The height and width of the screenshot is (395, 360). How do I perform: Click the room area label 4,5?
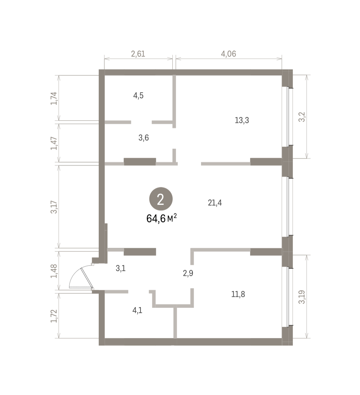click(x=138, y=96)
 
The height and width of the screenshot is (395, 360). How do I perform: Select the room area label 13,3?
click(x=242, y=120)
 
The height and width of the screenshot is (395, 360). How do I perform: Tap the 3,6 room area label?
click(x=143, y=138)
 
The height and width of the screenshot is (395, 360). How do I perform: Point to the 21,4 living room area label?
click(x=215, y=203)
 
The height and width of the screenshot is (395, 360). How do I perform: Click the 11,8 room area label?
click(x=238, y=294)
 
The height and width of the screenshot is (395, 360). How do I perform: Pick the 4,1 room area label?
click(x=137, y=310)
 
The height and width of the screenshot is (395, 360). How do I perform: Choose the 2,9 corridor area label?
click(x=188, y=273)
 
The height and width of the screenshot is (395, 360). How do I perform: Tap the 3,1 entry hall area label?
click(x=120, y=268)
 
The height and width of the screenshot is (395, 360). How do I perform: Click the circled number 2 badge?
click(x=161, y=199)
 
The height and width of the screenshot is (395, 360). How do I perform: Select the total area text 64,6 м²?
click(x=162, y=218)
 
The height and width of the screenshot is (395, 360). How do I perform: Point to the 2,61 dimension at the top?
click(x=138, y=54)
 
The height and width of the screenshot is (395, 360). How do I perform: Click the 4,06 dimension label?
click(x=228, y=54)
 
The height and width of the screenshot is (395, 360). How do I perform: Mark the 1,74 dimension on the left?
click(x=54, y=98)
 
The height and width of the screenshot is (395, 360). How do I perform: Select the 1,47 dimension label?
click(x=54, y=143)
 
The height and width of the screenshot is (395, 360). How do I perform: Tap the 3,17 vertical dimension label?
click(x=54, y=207)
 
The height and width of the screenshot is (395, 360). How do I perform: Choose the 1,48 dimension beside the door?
click(x=54, y=271)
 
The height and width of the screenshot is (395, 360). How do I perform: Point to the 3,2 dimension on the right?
click(x=302, y=117)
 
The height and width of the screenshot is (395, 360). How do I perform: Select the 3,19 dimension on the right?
click(x=302, y=297)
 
